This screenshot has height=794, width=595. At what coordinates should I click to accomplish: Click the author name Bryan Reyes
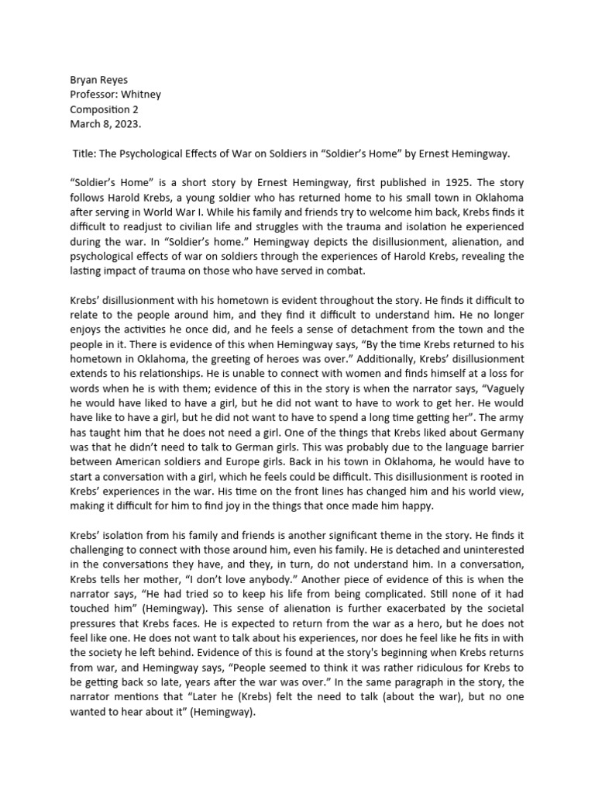[99, 80]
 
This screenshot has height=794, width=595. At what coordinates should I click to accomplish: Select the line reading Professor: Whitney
[115, 95]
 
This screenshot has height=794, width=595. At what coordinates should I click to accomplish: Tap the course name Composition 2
[105, 109]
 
